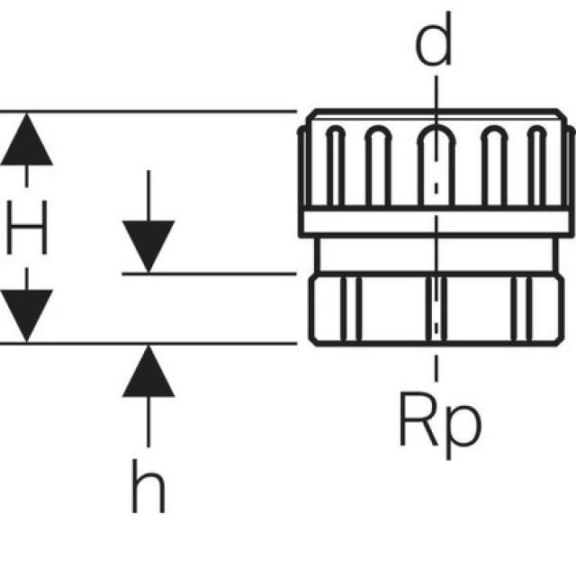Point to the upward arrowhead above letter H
pos(26,140)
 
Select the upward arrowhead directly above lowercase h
pos(148,371)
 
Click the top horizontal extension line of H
pos(162,112)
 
